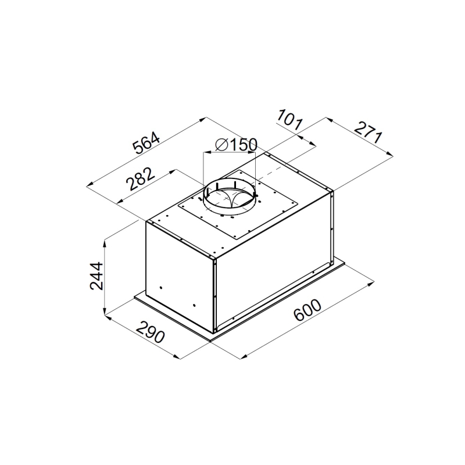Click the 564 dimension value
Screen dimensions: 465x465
pyautogui.click(x=146, y=143)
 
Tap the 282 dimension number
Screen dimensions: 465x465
pyautogui.click(x=140, y=179)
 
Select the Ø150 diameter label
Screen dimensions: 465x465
pyautogui.click(x=237, y=145)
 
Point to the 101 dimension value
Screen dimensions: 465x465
pyautogui.click(x=289, y=120)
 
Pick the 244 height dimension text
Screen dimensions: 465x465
pyautogui.click(x=96, y=276)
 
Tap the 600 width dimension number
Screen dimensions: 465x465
pyautogui.click(x=307, y=310)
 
